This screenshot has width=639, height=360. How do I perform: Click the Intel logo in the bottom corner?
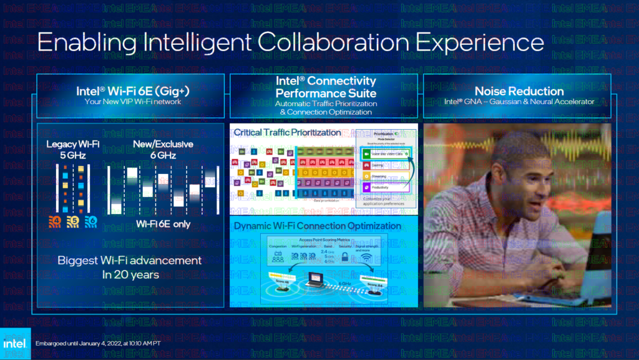pos(15,344)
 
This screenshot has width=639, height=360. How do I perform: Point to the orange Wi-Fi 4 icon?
pos(56,220)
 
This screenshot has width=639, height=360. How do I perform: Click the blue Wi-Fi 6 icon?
pos(90,220)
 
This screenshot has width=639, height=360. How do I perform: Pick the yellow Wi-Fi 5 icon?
pos(73,220)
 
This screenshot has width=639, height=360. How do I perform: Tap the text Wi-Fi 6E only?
pos(163,224)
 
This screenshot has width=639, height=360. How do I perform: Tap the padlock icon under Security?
pos(346,256)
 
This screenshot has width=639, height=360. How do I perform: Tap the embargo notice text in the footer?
pos(99,344)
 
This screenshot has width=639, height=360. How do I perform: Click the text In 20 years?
pos(129,274)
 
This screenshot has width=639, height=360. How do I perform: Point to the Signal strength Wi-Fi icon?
pos(367,256)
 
